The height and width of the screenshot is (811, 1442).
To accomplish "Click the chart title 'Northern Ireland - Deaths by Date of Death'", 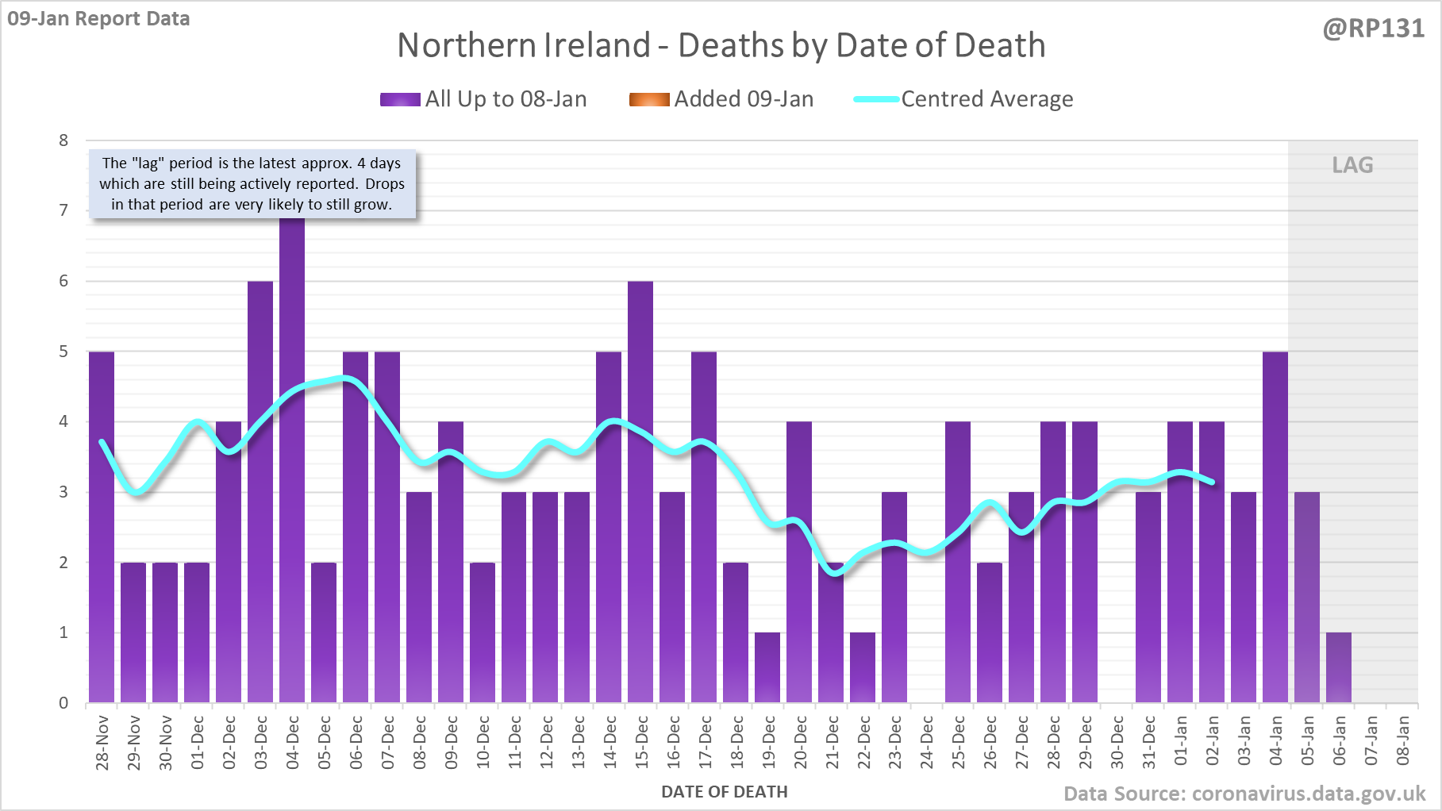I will point(721,45).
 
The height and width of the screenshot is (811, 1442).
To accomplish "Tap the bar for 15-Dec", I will point(640,492).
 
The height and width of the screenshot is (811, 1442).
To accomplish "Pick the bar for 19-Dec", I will point(767,667).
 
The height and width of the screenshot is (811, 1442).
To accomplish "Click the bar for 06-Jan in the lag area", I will point(1339,667).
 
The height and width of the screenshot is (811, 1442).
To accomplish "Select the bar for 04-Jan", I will point(1275,527).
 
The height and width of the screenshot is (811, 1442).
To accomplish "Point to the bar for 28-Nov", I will point(102,527).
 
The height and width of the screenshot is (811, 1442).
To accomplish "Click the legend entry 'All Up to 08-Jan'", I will point(484,99).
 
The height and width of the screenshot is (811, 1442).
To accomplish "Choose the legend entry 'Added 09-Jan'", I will point(721,99).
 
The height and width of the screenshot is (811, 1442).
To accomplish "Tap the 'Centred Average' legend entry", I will point(963,99).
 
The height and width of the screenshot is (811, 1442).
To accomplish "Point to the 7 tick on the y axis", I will point(63,210).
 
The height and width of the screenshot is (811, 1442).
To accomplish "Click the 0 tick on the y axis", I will point(63,703).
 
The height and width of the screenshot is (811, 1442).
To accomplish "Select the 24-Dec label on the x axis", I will point(927,743).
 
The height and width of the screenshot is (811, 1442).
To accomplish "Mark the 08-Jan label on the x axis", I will point(1403,741).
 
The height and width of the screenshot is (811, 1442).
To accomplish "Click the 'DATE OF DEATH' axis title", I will point(724,792).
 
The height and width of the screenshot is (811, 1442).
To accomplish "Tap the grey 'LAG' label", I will point(1352,165).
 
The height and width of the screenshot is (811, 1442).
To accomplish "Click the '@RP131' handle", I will point(1373,29).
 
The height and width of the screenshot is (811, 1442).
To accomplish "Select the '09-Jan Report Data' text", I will point(98,18).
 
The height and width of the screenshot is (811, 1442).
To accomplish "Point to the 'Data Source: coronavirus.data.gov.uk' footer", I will point(1244,794).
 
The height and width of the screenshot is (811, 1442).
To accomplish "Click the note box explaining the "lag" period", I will point(252,184).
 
